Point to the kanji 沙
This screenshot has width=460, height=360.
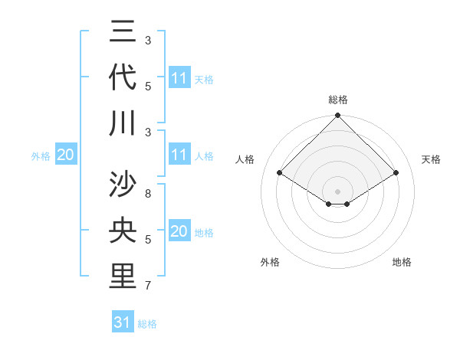(x=123, y=185)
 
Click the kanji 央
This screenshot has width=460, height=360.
(x=123, y=230)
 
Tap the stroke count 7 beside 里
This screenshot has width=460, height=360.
(x=148, y=286)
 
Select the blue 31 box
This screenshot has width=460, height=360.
(x=123, y=322)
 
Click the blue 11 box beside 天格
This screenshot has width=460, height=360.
(x=179, y=77)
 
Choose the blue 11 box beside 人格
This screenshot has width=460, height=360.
(x=179, y=155)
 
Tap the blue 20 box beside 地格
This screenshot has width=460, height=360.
(x=179, y=232)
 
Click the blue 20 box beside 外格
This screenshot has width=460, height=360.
(x=66, y=155)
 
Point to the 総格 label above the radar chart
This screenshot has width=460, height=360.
(x=338, y=100)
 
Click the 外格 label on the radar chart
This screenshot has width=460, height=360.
(x=270, y=262)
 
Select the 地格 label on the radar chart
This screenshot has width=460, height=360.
(x=402, y=262)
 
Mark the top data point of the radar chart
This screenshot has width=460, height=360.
(x=337, y=116)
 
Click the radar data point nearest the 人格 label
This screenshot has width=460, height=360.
(x=279, y=173)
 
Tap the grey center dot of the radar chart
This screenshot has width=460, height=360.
(x=337, y=190)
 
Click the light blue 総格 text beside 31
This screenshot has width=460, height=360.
(x=147, y=324)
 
